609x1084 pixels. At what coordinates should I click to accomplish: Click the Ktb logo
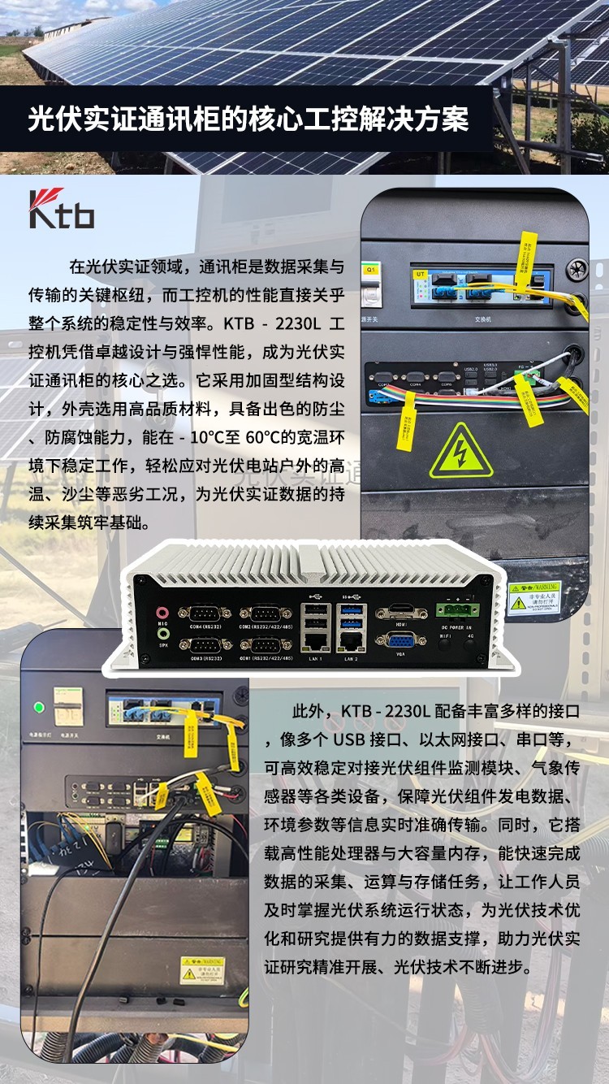(62, 209)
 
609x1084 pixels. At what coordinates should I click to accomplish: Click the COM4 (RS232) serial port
(201, 614)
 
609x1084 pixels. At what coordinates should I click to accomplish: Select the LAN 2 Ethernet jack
(350, 641)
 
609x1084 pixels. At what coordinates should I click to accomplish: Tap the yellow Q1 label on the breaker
(371, 267)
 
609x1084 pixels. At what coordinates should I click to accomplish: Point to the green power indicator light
(38, 707)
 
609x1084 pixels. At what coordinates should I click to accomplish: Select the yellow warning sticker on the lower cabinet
(203, 968)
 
